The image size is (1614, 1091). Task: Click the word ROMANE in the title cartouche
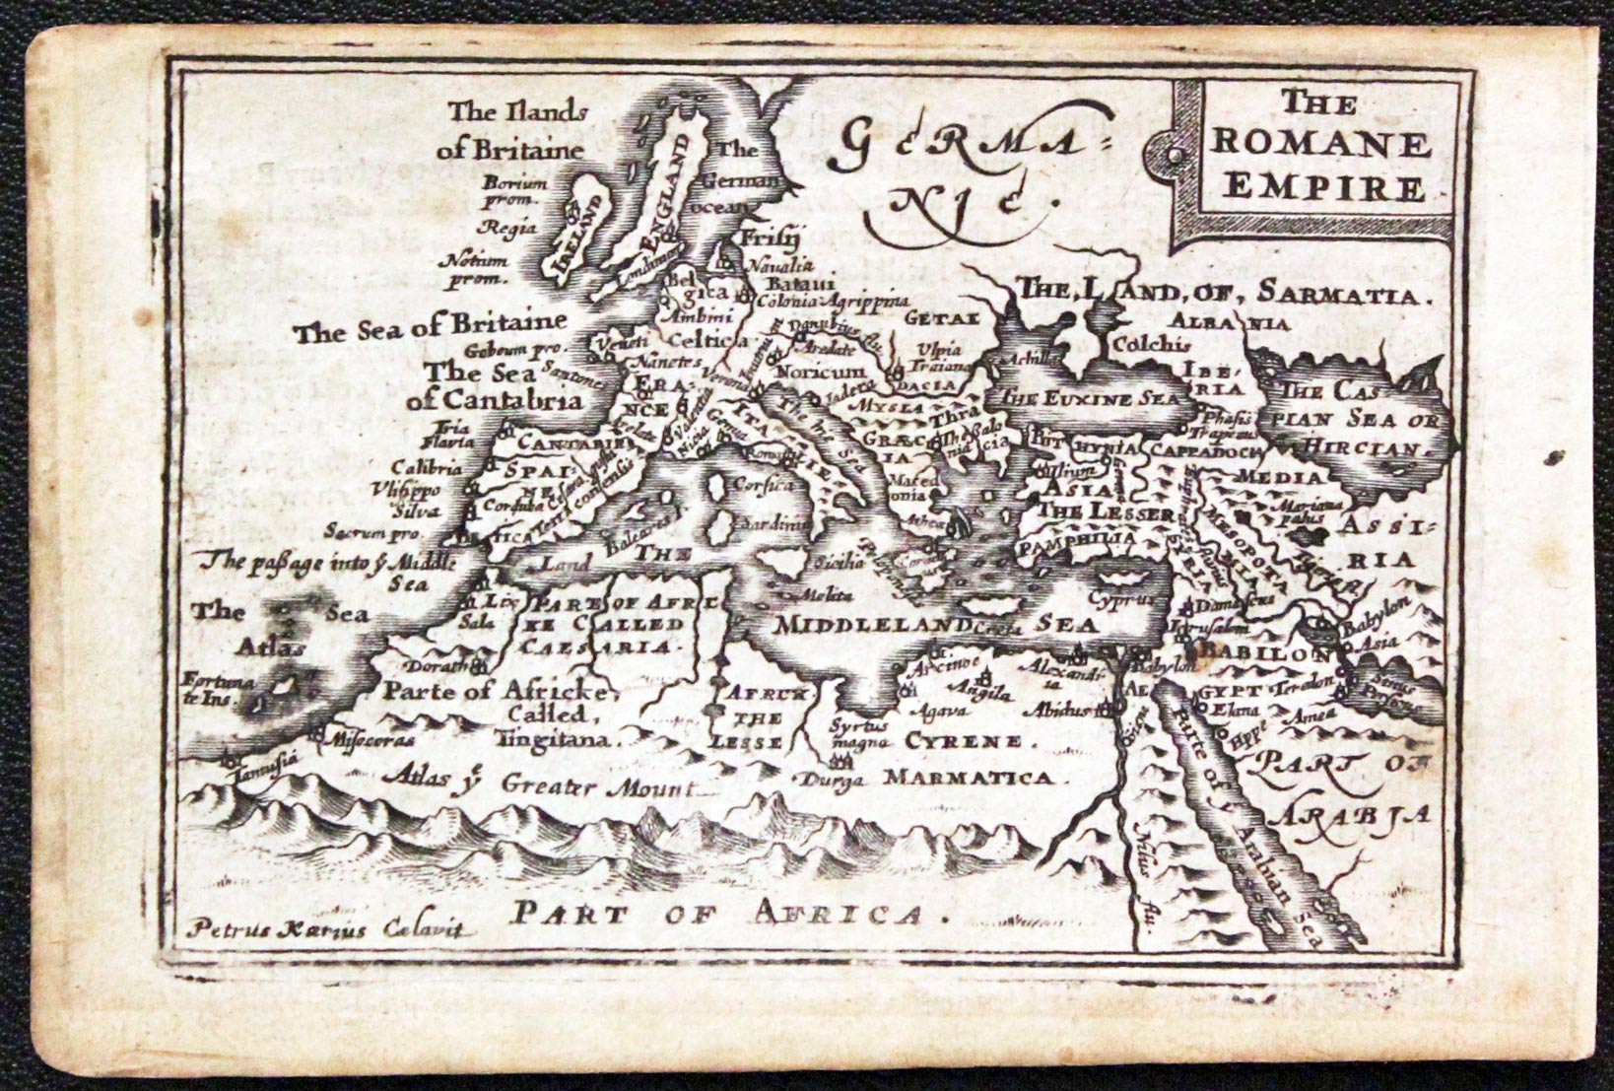[x=1320, y=144]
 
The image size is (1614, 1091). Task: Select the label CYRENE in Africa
[x=965, y=741]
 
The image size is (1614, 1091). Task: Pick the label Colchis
[x=1150, y=344]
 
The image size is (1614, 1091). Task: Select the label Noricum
[x=820, y=372]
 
